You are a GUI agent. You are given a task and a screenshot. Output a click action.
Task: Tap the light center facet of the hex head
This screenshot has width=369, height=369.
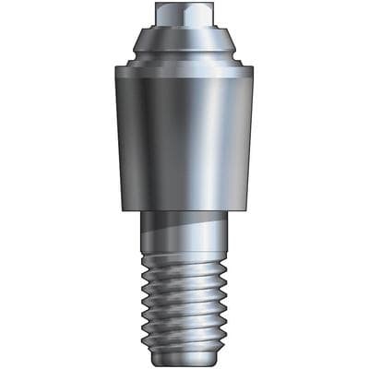[x=177, y=15]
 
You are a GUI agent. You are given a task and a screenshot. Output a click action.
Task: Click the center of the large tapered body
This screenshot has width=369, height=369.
[x=184, y=138]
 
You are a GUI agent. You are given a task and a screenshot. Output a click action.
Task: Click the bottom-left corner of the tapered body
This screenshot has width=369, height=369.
[x=124, y=210]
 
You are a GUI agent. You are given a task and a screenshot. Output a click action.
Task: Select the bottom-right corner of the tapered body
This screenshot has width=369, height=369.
[x=246, y=210]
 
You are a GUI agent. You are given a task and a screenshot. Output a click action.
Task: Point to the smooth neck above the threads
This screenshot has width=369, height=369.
[x=184, y=231]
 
